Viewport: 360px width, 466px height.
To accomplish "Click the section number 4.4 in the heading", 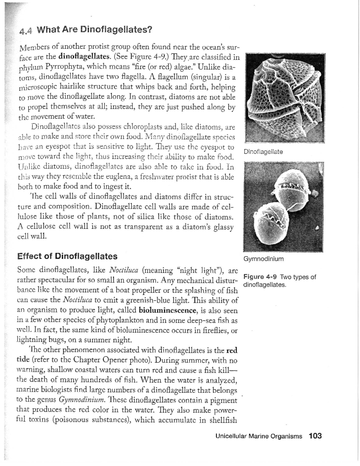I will click(x=26, y=31).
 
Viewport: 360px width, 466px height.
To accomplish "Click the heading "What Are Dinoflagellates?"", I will click(x=94, y=30).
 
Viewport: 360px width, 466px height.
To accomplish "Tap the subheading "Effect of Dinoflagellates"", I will click(x=67, y=256).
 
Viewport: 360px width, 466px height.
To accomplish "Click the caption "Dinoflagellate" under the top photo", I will click(x=263, y=152).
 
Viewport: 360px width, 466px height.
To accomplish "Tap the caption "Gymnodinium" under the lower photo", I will click(x=263, y=259).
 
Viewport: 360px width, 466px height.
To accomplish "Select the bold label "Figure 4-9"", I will click(x=260, y=277).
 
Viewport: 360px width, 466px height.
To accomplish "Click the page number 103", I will click(x=315, y=436).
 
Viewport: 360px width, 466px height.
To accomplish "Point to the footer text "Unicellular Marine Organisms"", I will click(x=259, y=436).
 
